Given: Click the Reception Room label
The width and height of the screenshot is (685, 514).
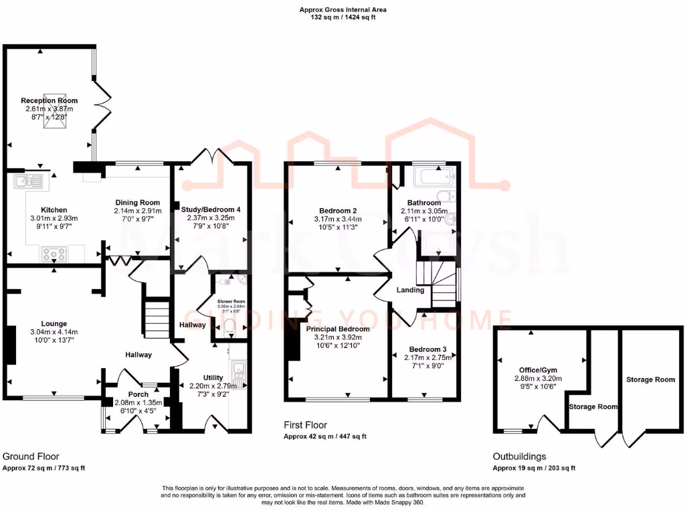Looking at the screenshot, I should coord(49,100).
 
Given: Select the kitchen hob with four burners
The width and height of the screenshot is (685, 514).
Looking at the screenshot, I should coord(54,254).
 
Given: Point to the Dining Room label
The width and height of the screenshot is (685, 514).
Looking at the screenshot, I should coord(138,203).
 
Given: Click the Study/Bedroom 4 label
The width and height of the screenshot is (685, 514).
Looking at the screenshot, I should coord(211,209).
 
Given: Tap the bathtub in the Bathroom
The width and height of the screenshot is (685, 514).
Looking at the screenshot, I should coord(434,177).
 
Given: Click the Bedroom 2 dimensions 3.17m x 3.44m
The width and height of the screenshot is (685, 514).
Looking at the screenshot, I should coord(338,219).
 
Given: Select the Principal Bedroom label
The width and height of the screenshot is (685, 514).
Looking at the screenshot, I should coord(338,329).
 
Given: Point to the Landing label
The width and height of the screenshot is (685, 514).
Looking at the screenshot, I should coord(410,290).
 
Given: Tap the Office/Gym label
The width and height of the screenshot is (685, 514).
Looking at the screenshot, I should coord(538,369).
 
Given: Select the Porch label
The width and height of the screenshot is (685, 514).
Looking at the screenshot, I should coord(138,394).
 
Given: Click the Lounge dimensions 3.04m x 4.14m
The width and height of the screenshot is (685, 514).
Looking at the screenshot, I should coord(54,332).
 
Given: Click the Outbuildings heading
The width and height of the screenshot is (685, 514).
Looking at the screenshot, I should coord(518,457).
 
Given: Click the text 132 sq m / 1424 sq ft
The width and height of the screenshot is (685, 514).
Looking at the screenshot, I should coord(342,17).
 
